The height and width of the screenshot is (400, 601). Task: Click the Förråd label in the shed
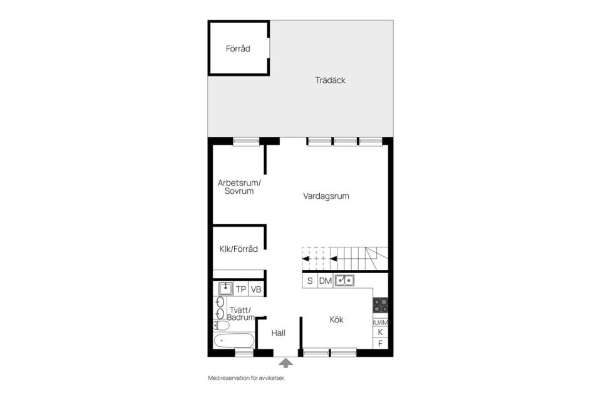[238, 49]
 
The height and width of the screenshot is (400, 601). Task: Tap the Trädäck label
[330, 81]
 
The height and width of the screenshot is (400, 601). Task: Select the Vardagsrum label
[326, 196]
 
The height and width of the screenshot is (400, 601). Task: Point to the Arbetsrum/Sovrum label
[239, 187]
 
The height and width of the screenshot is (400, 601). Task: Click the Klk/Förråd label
[239, 249]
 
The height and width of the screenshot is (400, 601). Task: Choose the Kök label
[337, 319]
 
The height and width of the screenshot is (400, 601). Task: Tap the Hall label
[278, 333]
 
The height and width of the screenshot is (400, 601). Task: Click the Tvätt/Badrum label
[240, 314]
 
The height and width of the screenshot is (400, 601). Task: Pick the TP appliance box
[240, 289]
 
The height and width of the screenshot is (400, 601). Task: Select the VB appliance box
[256, 289]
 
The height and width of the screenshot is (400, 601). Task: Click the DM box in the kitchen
[326, 281]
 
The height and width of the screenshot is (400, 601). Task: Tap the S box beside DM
[310, 281]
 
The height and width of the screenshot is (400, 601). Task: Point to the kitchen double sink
[344, 281]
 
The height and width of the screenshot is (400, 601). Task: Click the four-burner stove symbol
[380, 305]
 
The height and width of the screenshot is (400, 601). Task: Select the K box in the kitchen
[380, 332]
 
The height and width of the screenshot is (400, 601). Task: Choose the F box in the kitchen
[380, 344]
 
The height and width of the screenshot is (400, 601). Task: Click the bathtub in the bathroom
[234, 340]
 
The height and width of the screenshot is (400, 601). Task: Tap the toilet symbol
[221, 326]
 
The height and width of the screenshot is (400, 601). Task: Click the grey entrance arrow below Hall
[285, 363]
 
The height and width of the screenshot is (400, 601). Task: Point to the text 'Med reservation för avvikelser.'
[247, 378]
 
